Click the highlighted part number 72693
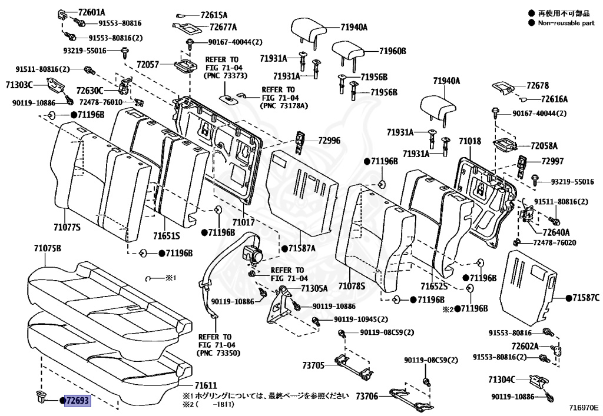pyautogui.click(x=77, y=401)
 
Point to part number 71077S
pyautogui.click(x=67, y=227)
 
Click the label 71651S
pyautogui.click(x=166, y=236)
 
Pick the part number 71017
pyautogui.click(x=243, y=222)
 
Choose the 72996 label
pyautogui.click(x=329, y=141)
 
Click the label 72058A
pyautogui.click(x=544, y=145)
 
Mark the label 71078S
pyautogui.click(x=352, y=286)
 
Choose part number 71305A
pyautogui.click(x=314, y=288)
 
